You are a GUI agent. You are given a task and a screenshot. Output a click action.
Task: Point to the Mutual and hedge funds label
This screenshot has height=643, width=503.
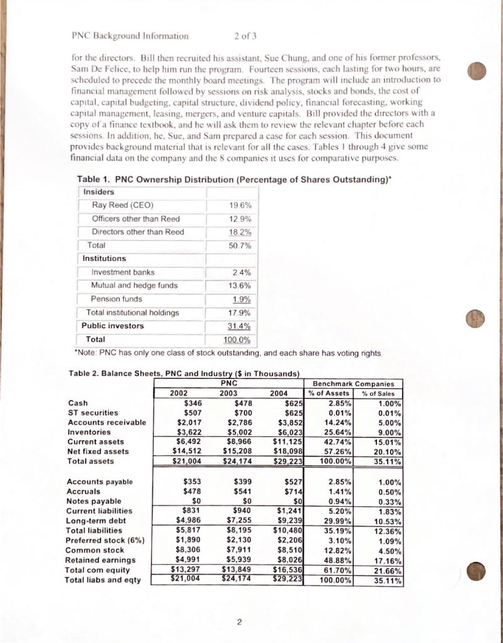[134, 285]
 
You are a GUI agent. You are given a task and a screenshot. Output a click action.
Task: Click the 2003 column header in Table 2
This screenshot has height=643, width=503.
[230, 393]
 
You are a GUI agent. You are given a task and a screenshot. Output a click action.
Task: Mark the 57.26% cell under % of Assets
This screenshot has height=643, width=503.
[337, 451]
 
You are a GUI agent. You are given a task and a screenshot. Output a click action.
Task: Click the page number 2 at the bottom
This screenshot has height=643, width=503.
[240, 622]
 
